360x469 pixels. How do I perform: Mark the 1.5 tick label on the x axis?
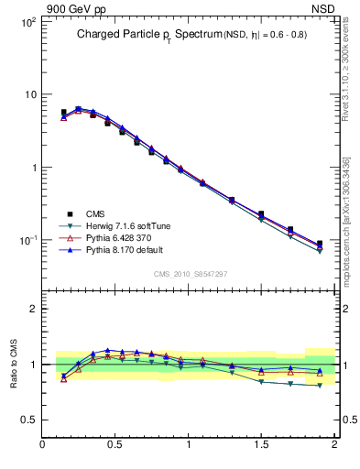261,445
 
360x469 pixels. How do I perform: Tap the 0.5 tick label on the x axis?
115,445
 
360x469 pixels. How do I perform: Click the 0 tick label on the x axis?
43,445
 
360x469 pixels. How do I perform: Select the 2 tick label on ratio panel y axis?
32,310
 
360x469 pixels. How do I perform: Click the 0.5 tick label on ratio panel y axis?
27,420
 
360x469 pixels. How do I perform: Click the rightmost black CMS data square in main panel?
320,244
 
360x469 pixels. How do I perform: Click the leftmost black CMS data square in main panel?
63,113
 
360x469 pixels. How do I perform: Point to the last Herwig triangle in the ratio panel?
320,386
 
